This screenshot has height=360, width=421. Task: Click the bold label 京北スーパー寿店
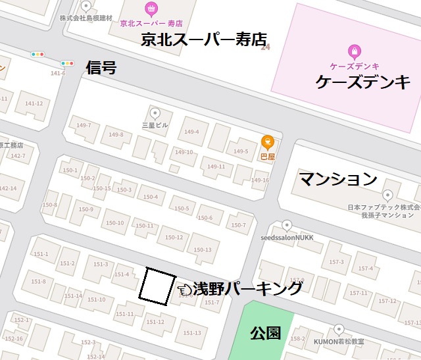tap(208, 39)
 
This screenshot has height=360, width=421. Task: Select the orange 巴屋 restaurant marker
tap(268, 141)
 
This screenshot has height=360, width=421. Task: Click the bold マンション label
tap(338, 178)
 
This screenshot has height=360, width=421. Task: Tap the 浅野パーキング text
tap(247, 288)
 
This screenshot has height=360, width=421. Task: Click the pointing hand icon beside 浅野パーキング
tap(184, 288)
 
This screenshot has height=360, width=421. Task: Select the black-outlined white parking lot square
tap(158, 286)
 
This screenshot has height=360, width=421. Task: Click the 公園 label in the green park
tap(266, 333)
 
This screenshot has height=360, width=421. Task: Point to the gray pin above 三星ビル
tap(157, 113)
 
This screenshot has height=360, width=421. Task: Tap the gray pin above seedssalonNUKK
tap(286, 226)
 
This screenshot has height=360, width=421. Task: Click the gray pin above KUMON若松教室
tap(339, 329)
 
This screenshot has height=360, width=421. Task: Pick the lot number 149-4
tap(191, 132)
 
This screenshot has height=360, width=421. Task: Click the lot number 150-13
tap(203, 249)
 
